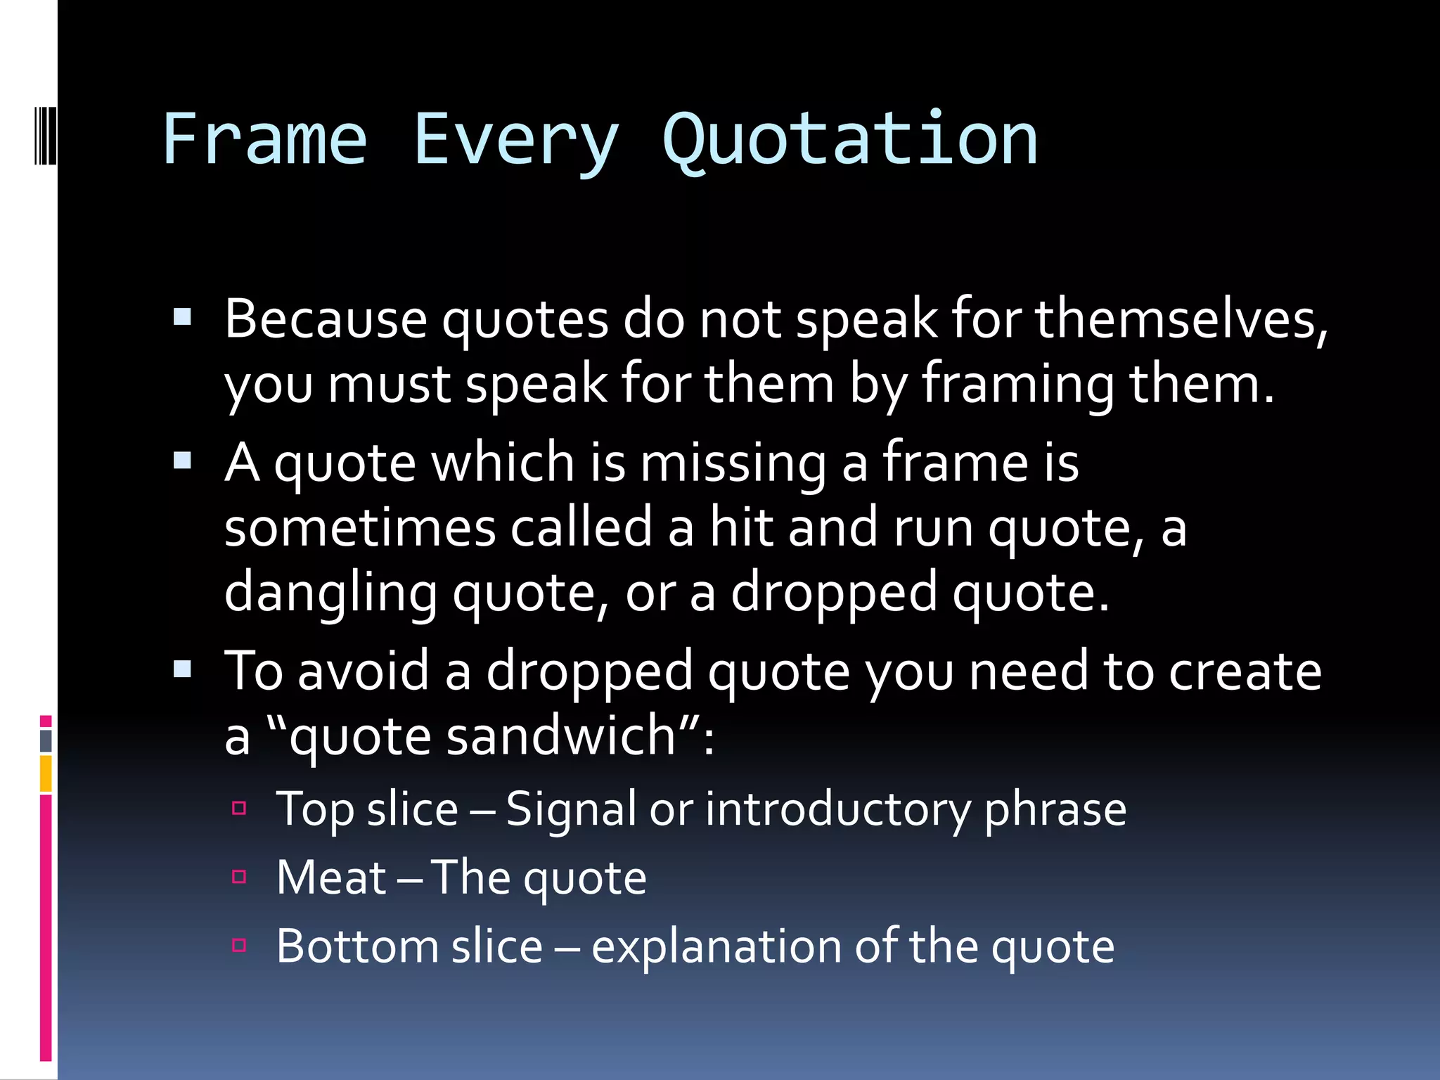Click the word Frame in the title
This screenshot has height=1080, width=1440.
[264, 140]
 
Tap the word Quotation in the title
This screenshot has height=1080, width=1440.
[850, 140]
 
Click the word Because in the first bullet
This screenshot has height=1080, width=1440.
[325, 320]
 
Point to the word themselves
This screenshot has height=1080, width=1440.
[1181, 320]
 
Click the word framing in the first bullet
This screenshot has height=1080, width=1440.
[1017, 385]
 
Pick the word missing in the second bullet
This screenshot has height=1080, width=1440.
[733, 464]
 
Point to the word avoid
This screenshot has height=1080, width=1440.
[363, 671]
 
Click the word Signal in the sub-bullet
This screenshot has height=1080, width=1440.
[570, 809]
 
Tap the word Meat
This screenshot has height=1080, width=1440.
[330, 877]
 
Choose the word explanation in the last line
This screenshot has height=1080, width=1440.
[716, 946]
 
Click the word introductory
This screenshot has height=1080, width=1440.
[837, 809]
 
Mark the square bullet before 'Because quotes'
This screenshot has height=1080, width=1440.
[182, 317]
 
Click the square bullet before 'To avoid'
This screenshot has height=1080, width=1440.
[182, 669]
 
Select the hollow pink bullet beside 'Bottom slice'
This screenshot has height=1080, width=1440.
[239, 945]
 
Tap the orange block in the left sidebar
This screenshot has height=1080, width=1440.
[46, 773]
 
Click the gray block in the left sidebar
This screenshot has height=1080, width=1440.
[46, 740]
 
